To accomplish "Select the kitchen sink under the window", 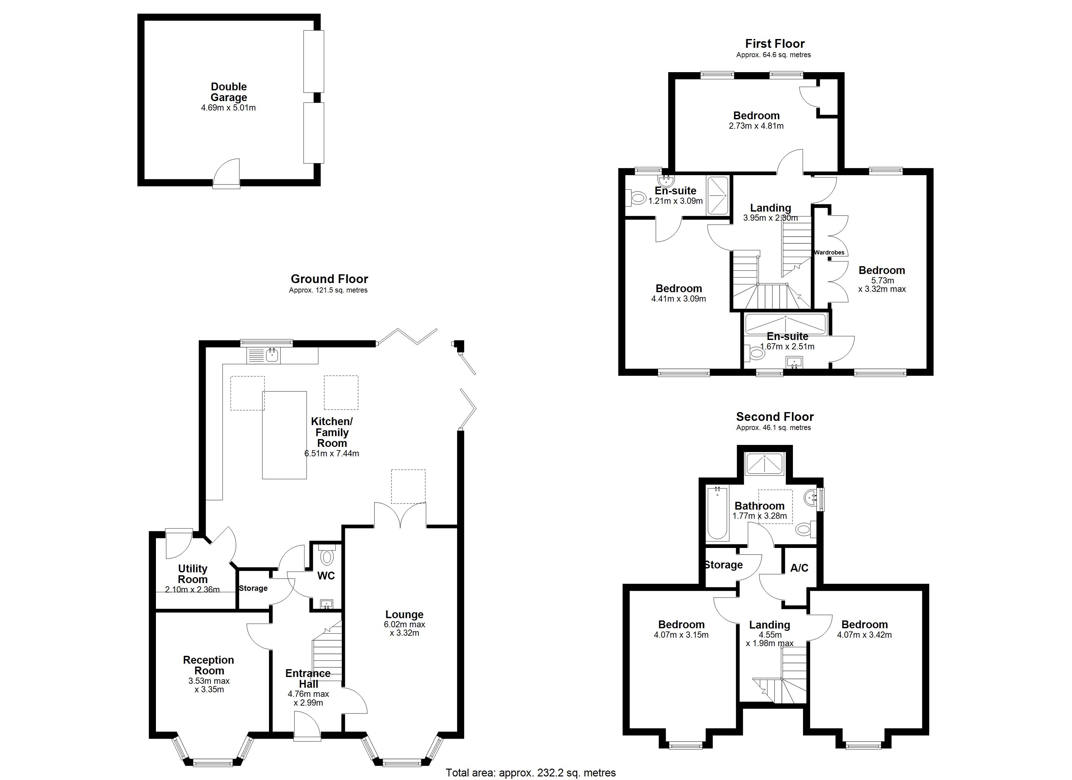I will [272, 355].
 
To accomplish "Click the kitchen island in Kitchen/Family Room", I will [285, 435].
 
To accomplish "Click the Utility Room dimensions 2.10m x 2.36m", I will [192, 589].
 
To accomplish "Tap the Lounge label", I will [404, 615].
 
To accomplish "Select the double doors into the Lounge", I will [400, 515].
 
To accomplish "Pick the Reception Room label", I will [209, 665].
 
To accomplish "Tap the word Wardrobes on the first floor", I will [829, 253].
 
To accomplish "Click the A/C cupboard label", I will [799, 568].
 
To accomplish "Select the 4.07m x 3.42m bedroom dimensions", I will [864, 635].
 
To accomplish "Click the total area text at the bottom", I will [531, 773].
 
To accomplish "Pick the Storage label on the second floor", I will [723, 565].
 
